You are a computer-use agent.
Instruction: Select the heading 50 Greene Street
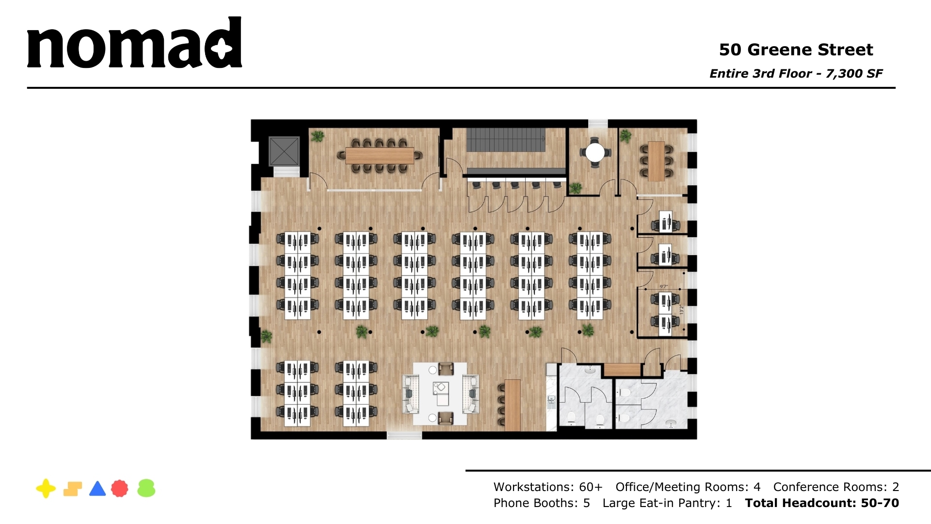[796, 49]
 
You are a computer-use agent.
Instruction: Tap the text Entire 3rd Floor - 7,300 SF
[796, 74]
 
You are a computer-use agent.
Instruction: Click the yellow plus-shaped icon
[46, 489]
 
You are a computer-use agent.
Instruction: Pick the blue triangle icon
[97, 489]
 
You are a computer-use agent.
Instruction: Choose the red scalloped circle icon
[120, 489]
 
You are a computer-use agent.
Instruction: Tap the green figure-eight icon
[146, 489]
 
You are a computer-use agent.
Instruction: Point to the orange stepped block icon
[72, 489]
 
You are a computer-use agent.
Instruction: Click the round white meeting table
[595, 153]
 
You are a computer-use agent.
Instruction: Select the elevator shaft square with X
[284, 151]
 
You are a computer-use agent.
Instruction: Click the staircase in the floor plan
[506, 140]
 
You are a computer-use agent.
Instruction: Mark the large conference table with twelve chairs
[379, 156]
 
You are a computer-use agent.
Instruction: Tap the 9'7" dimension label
[664, 287]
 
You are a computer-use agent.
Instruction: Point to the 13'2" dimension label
[681, 309]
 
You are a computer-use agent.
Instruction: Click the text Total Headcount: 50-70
[822, 503]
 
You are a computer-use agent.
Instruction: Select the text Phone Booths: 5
[542, 503]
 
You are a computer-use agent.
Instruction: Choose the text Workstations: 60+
[548, 487]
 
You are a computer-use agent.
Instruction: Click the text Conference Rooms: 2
[836, 487]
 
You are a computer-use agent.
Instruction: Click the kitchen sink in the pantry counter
[551, 400]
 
